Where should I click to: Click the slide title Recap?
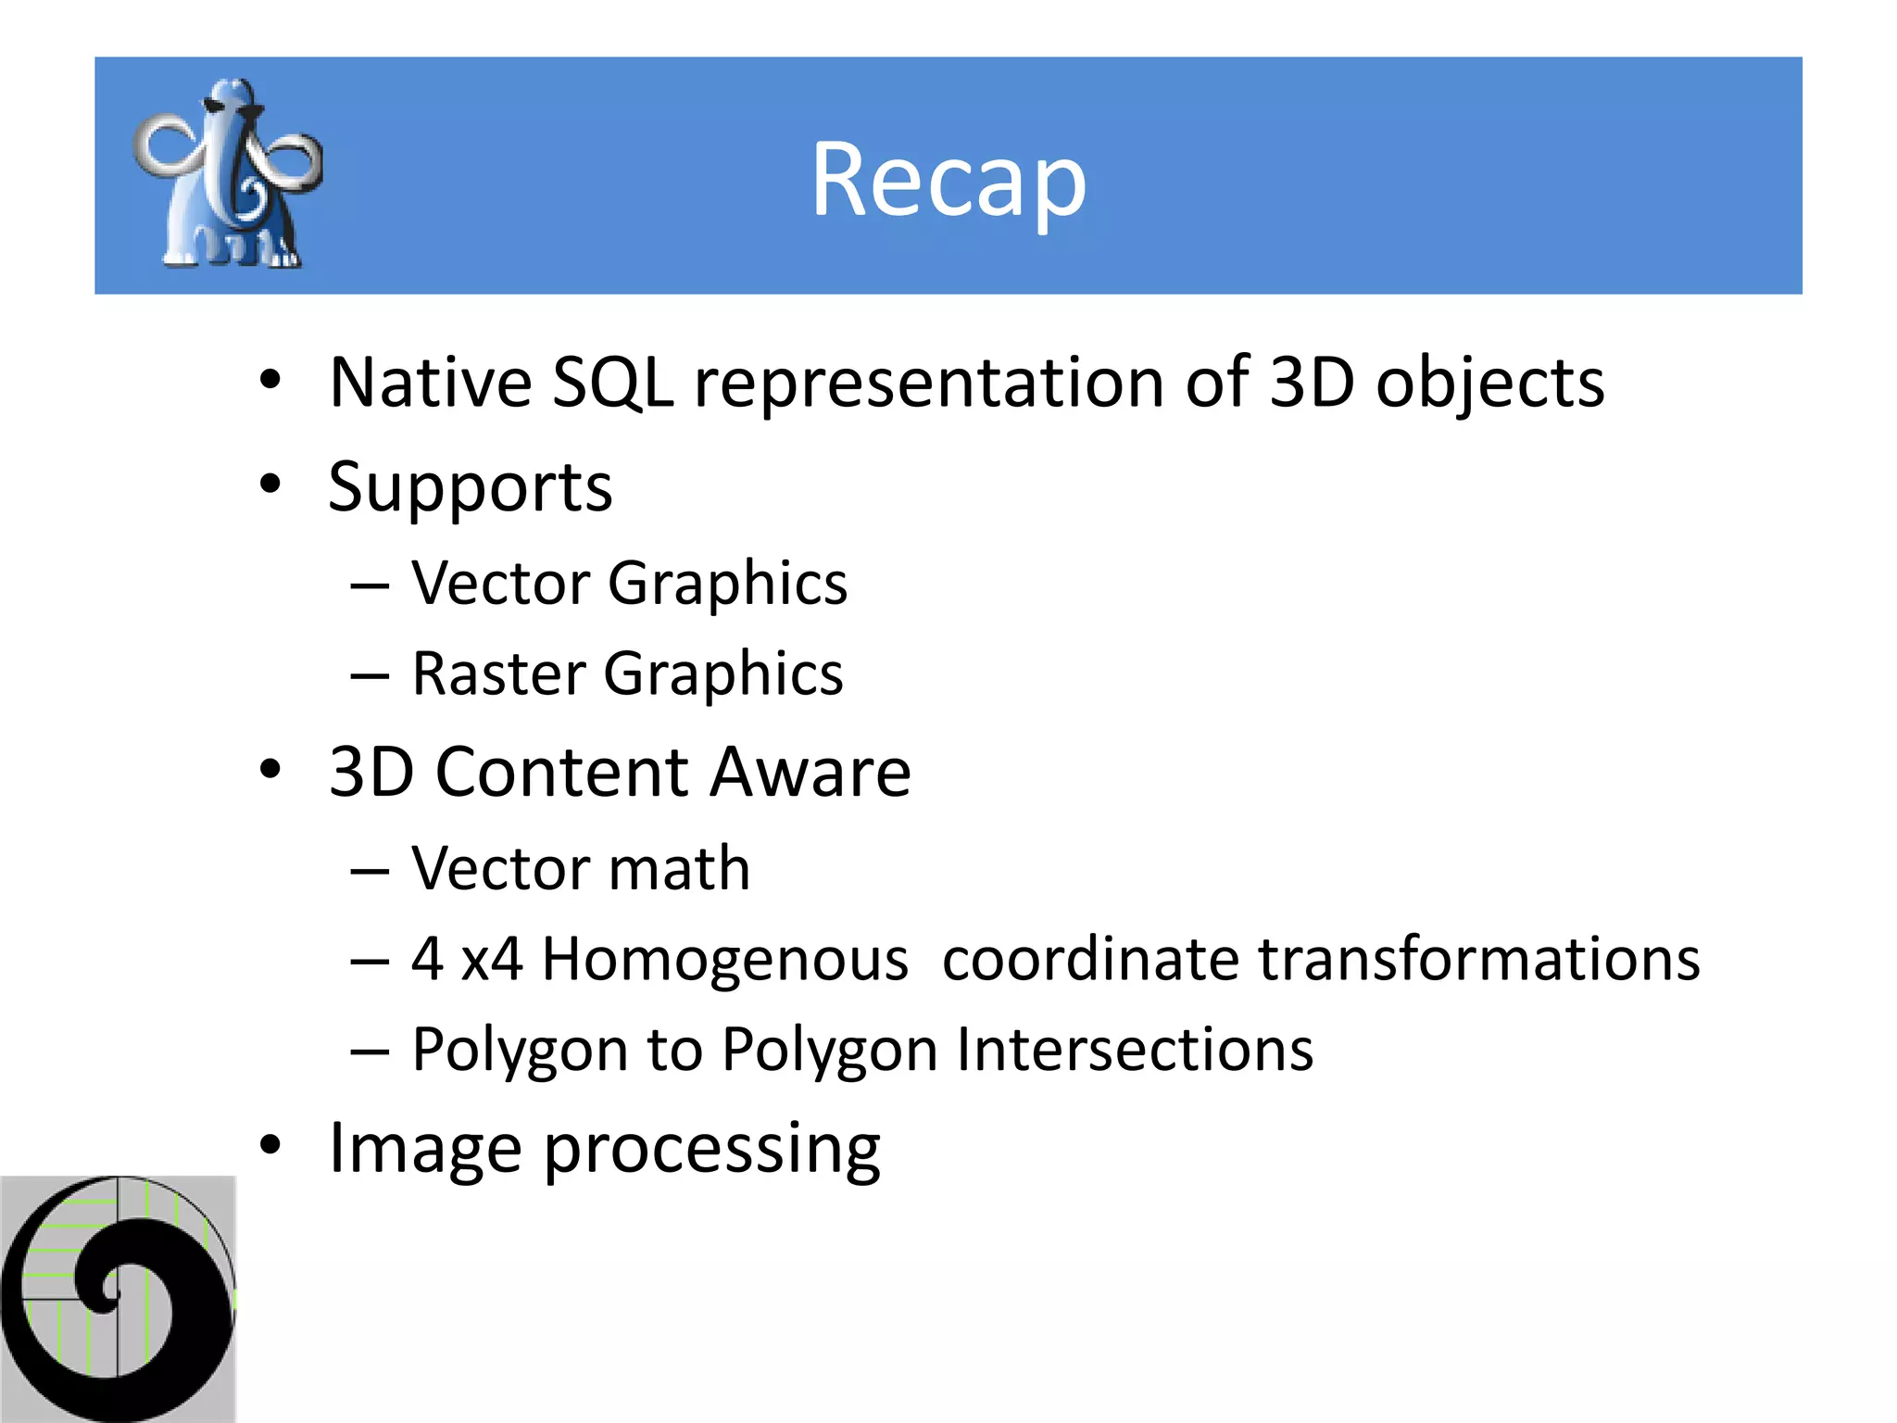pos(948,180)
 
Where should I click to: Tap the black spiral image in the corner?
pos(118,1299)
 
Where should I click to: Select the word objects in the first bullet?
pos(1489,384)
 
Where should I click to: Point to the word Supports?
pos(470,488)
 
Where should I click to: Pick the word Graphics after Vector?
pos(727,585)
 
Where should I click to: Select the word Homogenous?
pos(724,960)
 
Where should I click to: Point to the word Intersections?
pos(1135,1050)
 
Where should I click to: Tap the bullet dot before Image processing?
pos(270,1145)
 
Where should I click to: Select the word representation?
pos(929,384)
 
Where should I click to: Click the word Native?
pos(431,384)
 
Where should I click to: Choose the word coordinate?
pos(1090,959)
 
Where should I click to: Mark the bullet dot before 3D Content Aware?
pos(270,769)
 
